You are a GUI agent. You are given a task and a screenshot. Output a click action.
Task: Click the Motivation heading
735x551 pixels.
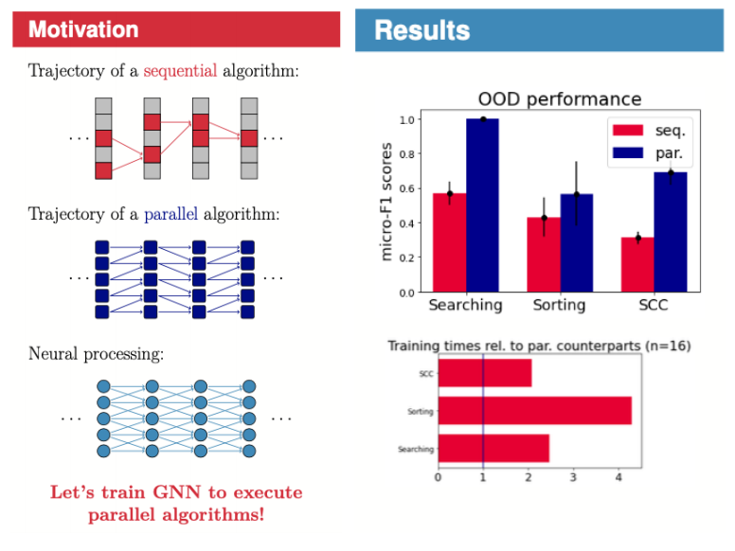[x=83, y=29]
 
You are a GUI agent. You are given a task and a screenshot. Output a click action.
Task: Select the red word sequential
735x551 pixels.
[x=180, y=72]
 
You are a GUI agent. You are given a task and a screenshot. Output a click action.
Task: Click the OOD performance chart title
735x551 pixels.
[x=559, y=99]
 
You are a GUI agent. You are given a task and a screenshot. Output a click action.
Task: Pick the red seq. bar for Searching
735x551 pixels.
[x=449, y=242]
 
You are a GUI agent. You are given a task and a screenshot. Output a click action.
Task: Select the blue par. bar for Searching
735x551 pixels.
[x=482, y=204]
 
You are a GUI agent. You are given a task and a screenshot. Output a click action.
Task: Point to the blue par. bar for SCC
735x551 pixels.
[x=671, y=232]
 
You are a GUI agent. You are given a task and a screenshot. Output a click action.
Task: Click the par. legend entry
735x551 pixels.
[x=670, y=151]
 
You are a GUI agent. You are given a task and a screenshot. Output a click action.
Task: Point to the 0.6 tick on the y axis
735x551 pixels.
[x=405, y=188]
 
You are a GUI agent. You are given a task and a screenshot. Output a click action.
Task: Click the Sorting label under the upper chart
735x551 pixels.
[x=559, y=306]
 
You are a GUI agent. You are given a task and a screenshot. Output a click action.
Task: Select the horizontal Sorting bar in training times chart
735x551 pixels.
[x=534, y=411]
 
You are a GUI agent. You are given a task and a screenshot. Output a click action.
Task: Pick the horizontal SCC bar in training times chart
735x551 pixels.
[x=484, y=373]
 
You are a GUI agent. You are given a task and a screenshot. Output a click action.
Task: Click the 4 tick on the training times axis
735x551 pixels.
[x=618, y=477]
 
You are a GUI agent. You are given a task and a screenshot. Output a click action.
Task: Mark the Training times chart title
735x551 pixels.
[x=539, y=346]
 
